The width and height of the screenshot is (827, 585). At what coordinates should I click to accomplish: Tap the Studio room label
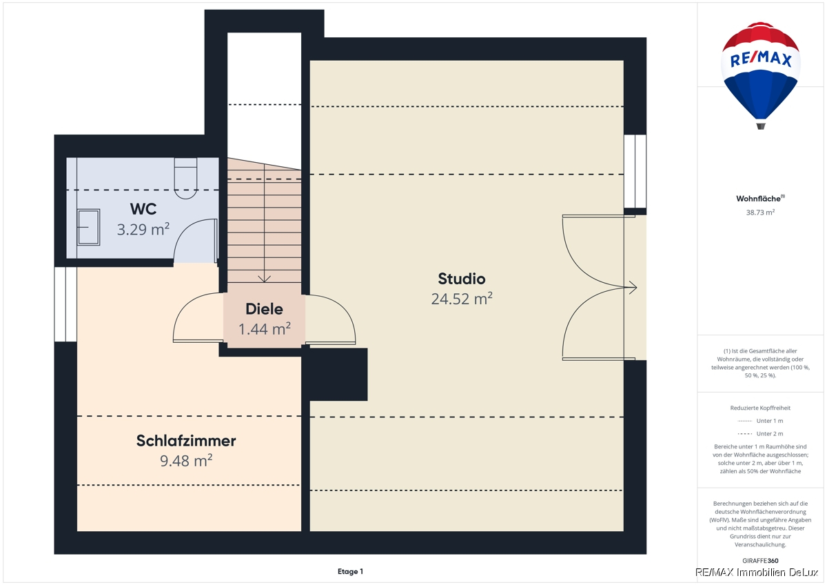click(x=462, y=279)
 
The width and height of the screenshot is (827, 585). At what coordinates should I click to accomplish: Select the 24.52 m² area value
click(x=462, y=299)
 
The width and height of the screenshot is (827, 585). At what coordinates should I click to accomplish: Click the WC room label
click(x=143, y=209)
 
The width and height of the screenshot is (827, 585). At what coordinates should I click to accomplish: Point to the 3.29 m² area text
click(x=143, y=229)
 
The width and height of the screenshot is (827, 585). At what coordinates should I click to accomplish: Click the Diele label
click(x=264, y=309)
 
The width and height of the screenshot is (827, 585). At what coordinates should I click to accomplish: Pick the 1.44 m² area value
click(x=265, y=329)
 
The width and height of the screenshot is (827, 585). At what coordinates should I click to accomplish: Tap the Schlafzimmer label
click(x=186, y=441)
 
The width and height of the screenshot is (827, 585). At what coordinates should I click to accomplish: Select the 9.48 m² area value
click(x=186, y=460)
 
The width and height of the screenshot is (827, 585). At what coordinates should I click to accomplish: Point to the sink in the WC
click(x=89, y=227)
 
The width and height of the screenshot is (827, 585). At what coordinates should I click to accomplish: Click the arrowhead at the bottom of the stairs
click(x=265, y=279)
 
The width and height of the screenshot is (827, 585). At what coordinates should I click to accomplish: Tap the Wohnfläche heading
click(x=760, y=199)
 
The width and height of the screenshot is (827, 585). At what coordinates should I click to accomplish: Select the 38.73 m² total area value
click(x=760, y=212)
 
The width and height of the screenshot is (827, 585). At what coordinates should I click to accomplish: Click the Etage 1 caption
click(x=350, y=571)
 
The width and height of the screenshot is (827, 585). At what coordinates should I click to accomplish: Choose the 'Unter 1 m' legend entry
click(x=760, y=421)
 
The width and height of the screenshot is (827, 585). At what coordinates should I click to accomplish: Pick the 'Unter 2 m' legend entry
click(x=760, y=433)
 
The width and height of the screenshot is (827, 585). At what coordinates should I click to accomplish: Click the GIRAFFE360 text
click(x=760, y=561)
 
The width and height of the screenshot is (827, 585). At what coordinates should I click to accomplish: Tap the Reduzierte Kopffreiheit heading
click(x=760, y=408)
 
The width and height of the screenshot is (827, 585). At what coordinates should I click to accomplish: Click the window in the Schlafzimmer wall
click(x=65, y=304)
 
